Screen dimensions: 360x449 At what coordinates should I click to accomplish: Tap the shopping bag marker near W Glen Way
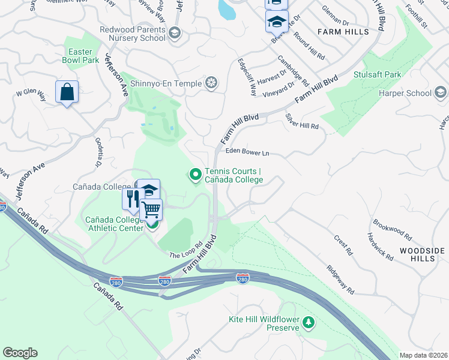pos(67,92)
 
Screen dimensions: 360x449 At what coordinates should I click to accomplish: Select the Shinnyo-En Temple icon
pos(211,83)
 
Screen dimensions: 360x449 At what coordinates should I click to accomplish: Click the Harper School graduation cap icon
pos(441,92)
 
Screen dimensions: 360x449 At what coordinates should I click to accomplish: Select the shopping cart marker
pos(151,210)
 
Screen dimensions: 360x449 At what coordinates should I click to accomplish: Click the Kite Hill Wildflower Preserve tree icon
pos(309,323)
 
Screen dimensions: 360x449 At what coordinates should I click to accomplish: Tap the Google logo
pos(20,353)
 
